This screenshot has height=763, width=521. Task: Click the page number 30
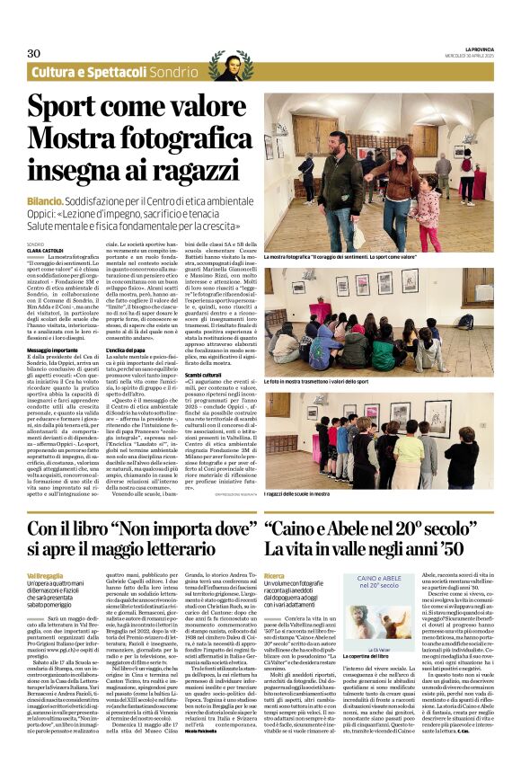(35, 53)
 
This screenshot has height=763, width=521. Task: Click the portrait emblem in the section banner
(232, 62)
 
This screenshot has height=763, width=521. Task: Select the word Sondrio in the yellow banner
(175, 72)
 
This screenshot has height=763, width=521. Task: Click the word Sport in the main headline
(65, 107)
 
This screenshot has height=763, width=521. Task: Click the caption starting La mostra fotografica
(329, 256)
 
